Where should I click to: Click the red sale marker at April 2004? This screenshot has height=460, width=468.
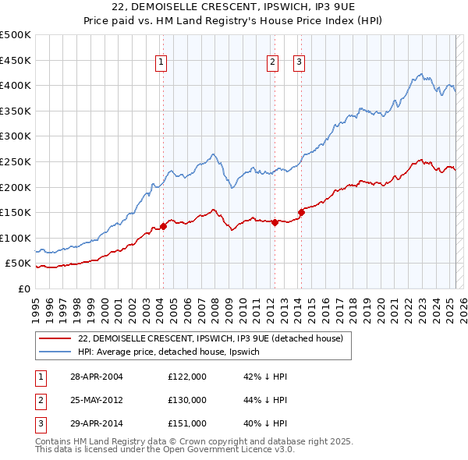(163, 227)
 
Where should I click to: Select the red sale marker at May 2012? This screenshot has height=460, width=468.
(275, 222)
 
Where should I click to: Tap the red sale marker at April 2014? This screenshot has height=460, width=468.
(301, 212)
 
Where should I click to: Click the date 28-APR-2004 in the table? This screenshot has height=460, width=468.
(96, 376)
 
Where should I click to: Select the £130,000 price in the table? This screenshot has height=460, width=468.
(186, 400)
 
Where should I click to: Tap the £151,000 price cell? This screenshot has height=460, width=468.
(186, 424)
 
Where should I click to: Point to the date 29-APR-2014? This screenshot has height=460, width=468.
(96, 424)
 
